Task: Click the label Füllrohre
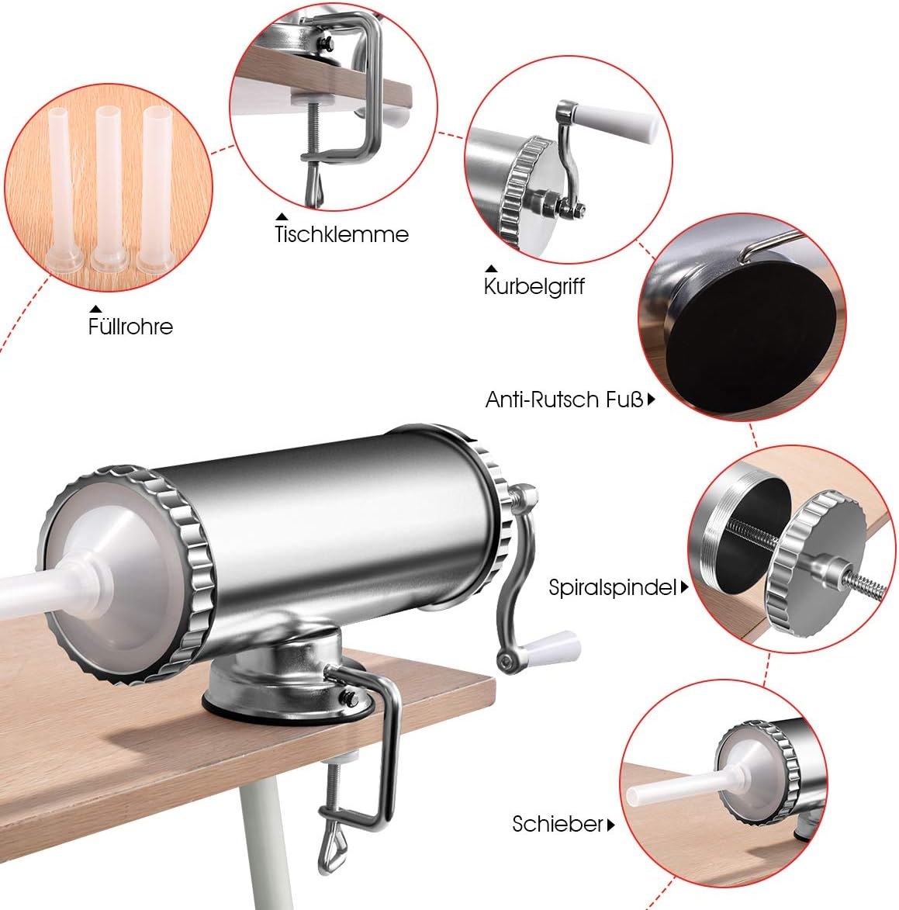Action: point(130,327)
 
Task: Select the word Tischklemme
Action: point(342,234)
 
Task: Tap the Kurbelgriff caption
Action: point(534,286)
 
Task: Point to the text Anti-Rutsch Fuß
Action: point(564,400)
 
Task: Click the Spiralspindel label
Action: point(613,587)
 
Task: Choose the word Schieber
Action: point(558,824)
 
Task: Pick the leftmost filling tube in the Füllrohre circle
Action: point(63,189)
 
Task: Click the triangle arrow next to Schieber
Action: point(610,825)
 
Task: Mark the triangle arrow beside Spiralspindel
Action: point(684,586)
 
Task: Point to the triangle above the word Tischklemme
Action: point(282,216)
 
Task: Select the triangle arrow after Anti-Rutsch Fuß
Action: point(652,400)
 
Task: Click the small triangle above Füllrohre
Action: point(95,309)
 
